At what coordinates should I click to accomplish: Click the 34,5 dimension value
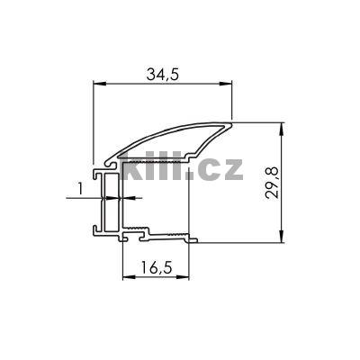click(x=162, y=75)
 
